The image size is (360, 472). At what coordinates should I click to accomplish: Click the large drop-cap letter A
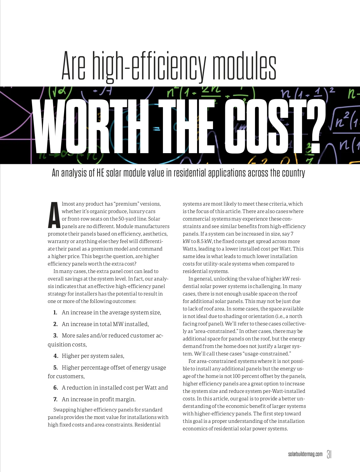pos(54,215)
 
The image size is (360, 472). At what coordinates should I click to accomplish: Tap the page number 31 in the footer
pos(329,454)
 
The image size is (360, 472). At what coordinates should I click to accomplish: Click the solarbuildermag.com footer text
pos(305,454)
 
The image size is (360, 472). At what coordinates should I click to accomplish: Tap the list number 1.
pos(55,313)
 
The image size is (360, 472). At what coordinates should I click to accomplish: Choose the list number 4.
pos(55,356)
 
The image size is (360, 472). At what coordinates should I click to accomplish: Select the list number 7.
pos(55,399)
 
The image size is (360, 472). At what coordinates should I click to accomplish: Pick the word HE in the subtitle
pos(100,173)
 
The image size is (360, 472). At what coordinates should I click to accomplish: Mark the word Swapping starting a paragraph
pos(64,410)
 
